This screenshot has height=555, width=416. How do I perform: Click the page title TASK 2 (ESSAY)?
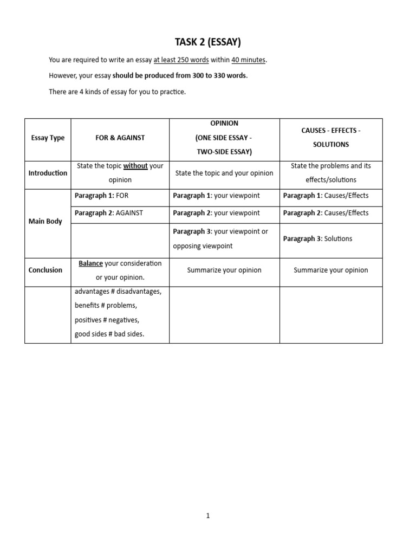coord(207,42)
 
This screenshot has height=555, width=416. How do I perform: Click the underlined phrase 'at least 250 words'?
coord(181,60)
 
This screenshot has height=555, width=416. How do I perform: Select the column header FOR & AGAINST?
coord(120,138)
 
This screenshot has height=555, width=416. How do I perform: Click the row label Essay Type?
coord(48,138)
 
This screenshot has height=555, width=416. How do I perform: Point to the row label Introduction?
coord(48,173)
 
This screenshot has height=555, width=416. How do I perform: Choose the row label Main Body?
coord(45,221)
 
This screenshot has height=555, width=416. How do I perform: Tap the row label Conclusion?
coord(45,270)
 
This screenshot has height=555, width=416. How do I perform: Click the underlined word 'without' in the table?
coord(135,166)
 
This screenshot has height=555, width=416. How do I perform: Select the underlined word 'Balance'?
coord(90,263)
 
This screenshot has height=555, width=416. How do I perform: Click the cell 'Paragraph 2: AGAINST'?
coord(109,213)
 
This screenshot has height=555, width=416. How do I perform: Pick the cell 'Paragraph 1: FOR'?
coord(101,196)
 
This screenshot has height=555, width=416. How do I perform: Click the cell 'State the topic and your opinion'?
coord(224,173)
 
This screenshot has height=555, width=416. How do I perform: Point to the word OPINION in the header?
coord(224,124)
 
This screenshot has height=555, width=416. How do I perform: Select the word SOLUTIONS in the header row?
coord(331,145)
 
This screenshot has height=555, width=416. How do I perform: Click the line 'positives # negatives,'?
coord(106,320)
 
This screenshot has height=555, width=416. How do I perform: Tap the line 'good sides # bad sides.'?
coord(109,334)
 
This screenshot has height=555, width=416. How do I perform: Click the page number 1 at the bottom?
coord(207,516)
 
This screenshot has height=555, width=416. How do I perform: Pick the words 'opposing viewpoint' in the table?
coord(203,246)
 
